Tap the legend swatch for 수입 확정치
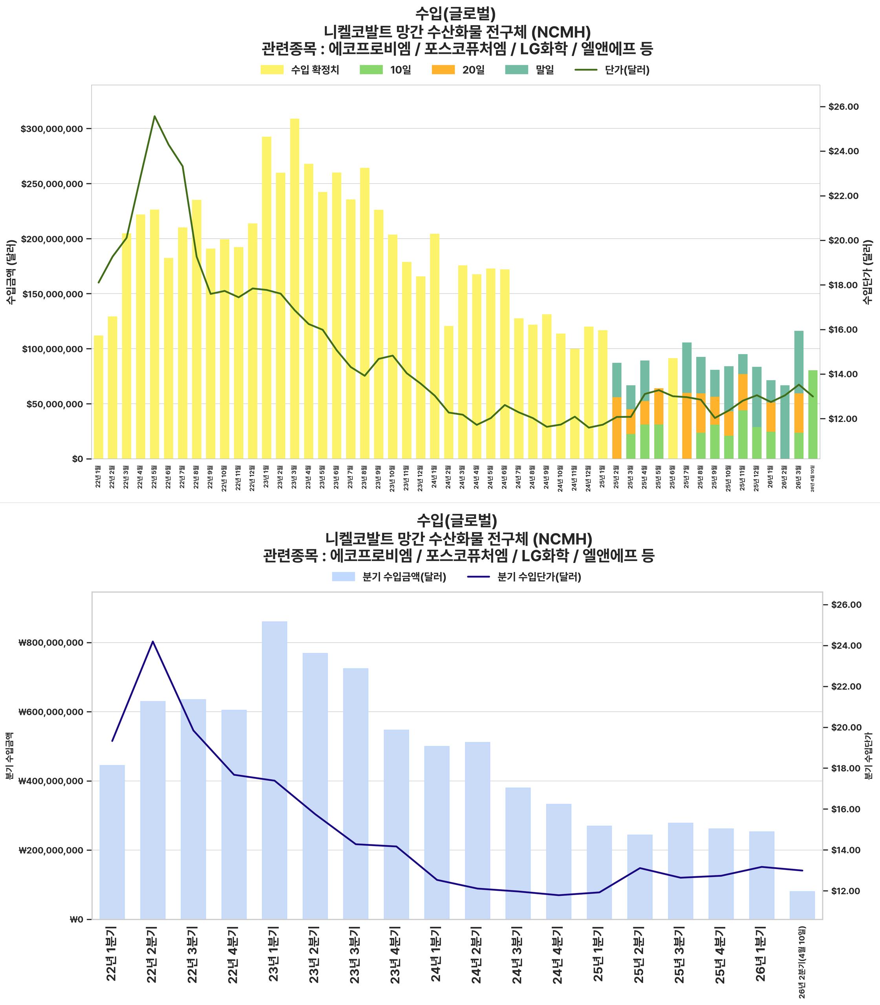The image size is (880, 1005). (272, 70)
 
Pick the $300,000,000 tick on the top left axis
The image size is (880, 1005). (55, 129)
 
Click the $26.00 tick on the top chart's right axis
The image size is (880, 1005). (843, 106)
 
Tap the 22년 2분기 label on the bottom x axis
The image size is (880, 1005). (153, 954)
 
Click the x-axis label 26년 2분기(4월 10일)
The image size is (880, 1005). (802, 963)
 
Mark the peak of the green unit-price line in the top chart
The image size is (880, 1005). (155, 116)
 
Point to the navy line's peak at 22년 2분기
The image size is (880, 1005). (153, 641)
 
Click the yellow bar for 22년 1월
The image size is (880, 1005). (99, 397)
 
